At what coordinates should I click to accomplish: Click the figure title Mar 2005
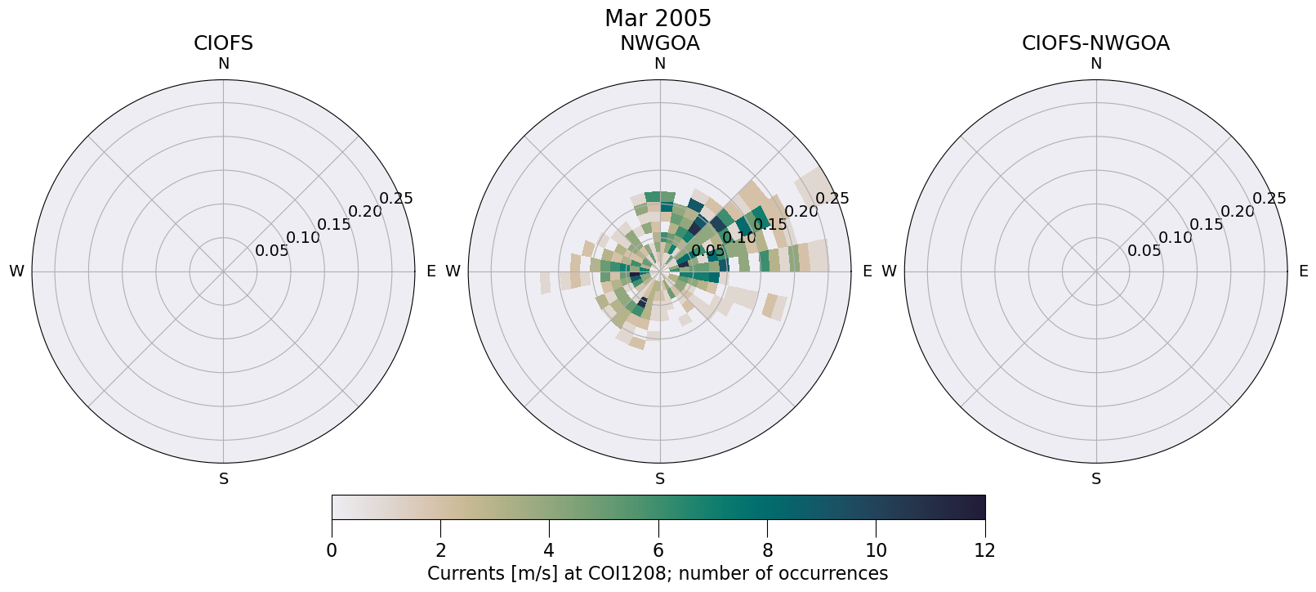[x=658, y=18]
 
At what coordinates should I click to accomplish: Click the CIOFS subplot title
[x=223, y=43]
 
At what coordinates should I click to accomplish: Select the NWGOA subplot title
[x=659, y=43]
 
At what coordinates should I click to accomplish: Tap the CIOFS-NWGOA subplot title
[x=1095, y=43]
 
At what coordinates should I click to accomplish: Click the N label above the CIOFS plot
[x=223, y=64]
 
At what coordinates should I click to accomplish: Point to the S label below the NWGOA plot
[x=659, y=479]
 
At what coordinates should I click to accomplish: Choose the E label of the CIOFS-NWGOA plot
[x=1303, y=271]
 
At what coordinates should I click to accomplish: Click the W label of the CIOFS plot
[x=16, y=271]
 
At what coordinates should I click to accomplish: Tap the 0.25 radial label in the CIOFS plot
[x=396, y=199]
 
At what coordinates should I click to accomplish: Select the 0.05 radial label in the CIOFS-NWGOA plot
[x=1144, y=251]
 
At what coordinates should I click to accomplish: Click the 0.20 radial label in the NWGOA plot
[x=802, y=212]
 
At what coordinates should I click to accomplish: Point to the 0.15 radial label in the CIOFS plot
[x=333, y=225]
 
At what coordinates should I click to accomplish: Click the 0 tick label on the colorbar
[x=332, y=550]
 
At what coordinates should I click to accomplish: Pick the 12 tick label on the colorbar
[x=984, y=550]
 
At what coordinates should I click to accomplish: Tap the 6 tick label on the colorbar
[x=658, y=550]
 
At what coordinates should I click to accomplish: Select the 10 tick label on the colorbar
[x=876, y=550]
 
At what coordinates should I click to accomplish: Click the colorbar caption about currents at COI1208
[x=658, y=573]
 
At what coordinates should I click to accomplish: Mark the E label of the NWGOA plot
[x=867, y=271]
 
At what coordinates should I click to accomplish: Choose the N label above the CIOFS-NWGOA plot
[x=1095, y=64]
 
